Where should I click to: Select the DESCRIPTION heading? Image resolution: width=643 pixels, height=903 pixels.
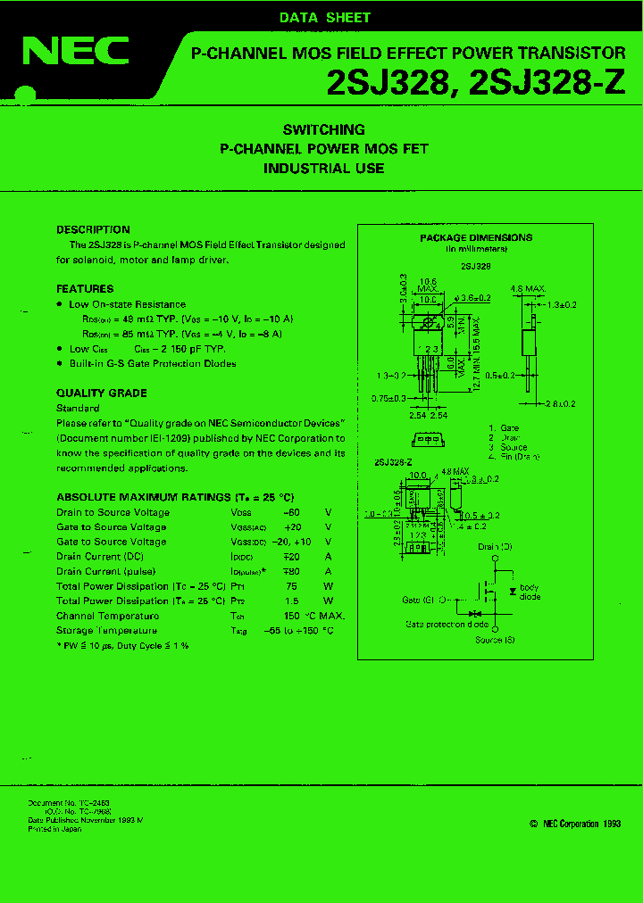point(93,229)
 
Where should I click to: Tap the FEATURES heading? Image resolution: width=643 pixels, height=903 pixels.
point(85,289)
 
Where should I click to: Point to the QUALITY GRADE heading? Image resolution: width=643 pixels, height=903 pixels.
point(102,394)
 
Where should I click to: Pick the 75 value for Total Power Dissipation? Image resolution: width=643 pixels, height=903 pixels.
point(291,586)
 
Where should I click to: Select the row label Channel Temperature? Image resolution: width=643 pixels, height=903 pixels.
point(108,616)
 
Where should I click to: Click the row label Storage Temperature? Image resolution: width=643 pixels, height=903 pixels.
point(106,630)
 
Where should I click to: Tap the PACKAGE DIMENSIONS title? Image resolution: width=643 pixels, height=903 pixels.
point(476,237)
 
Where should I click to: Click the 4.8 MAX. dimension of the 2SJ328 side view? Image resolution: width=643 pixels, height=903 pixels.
point(528,289)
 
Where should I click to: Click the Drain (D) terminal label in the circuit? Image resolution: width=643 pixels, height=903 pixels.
point(495,546)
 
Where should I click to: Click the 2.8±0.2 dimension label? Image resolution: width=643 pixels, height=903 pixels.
point(564,404)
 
